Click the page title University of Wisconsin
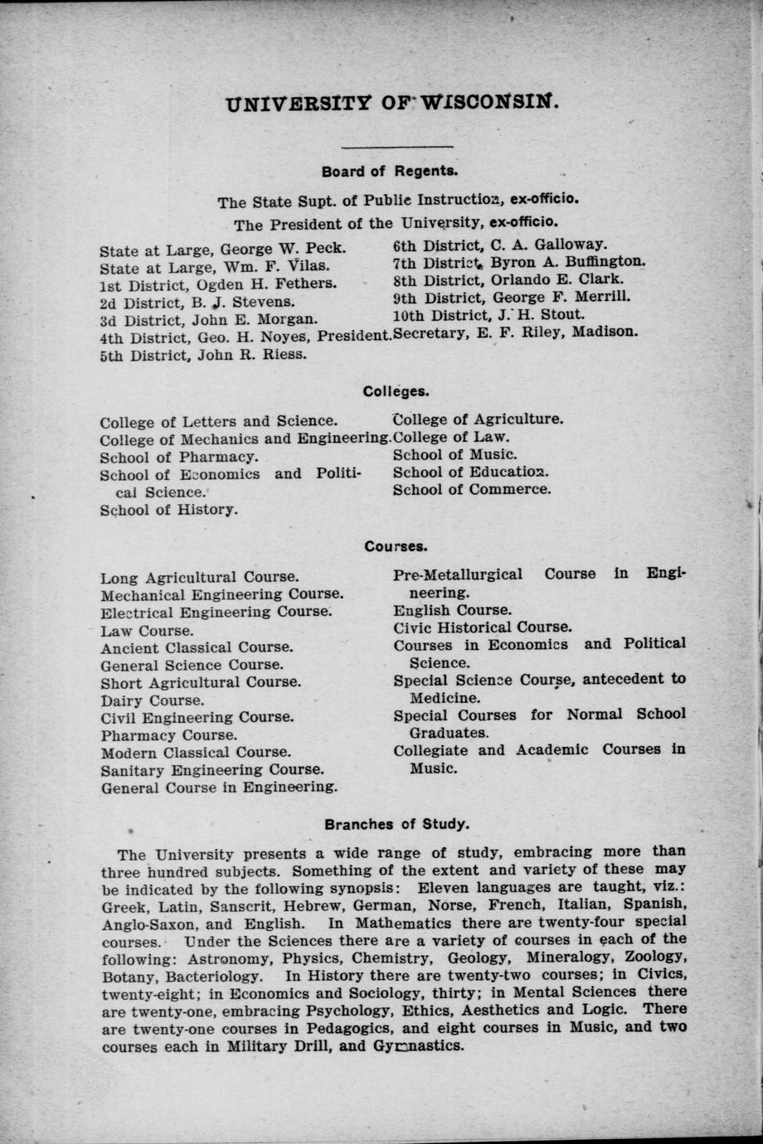[x=392, y=104]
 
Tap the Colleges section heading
[x=396, y=390]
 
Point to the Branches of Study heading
[x=397, y=824]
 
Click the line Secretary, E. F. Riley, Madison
[x=515, y=332]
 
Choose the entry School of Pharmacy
[x=179, y=457]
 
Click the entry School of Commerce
[x=471, y=489]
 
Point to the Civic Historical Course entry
[x=482, y=628]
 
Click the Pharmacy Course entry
[x=169, y=735]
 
